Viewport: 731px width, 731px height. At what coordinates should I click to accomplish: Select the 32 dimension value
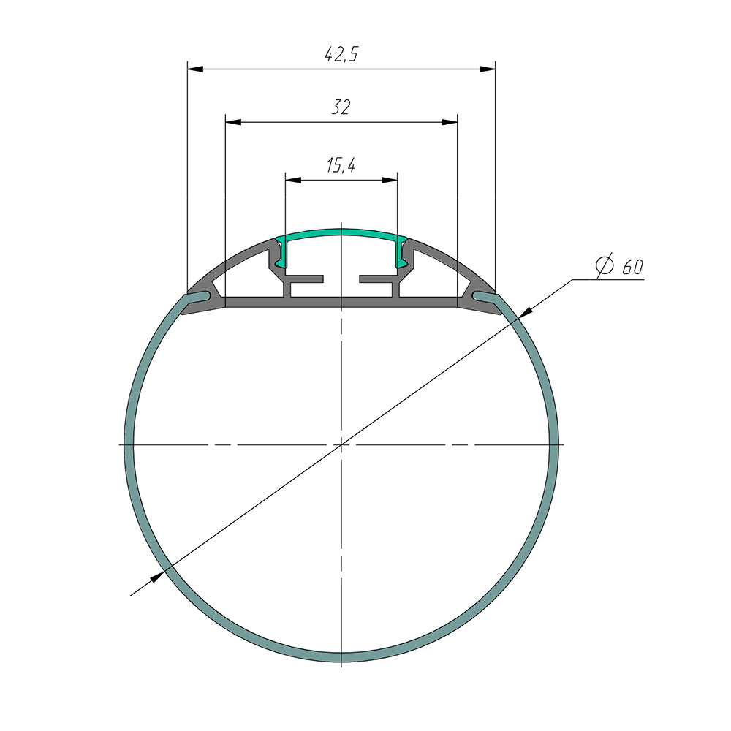click(x=341, y=108)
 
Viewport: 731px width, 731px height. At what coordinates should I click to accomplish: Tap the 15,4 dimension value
click(x=341, y=166)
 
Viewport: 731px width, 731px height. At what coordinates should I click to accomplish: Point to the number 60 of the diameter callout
click(x=632, y=268)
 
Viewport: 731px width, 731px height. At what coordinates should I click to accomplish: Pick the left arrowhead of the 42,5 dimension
click(x=194, y=69)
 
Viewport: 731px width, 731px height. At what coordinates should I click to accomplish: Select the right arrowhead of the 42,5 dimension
click(x=488, y=69)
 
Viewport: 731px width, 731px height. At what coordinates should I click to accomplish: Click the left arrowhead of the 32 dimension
click(x=232, y=122)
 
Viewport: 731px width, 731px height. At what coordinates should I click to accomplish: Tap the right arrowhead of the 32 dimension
click(x=450, y=122)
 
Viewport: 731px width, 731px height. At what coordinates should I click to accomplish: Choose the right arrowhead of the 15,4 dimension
click(x=390, y=179)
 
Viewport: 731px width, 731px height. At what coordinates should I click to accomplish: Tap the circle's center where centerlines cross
click(x=341, y=444)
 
